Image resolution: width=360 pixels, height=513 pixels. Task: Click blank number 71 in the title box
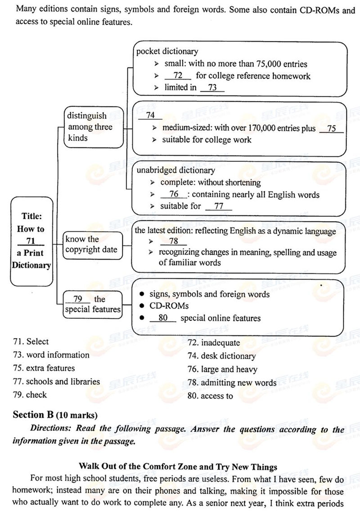[x=31, y=241]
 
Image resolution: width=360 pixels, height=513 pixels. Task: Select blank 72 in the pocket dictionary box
[x=178, y=76]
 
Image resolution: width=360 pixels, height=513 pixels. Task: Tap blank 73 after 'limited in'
[x=212, y=88]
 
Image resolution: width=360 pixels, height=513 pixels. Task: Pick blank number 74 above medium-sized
[x=150, y=116]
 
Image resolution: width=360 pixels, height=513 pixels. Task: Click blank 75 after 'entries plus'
[x=332, y=129]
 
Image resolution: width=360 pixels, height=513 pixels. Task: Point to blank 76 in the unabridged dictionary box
[x=174, y=195]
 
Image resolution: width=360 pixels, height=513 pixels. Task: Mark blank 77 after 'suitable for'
[x=219, y=206]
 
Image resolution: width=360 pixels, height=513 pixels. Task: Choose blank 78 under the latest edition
[x=173, y=241]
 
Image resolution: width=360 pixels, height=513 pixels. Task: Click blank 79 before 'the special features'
[x=78, y=299]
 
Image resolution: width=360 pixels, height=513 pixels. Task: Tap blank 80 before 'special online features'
[x=163, y=318]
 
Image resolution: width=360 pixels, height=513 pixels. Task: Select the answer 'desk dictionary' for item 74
[x=228, y=356]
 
